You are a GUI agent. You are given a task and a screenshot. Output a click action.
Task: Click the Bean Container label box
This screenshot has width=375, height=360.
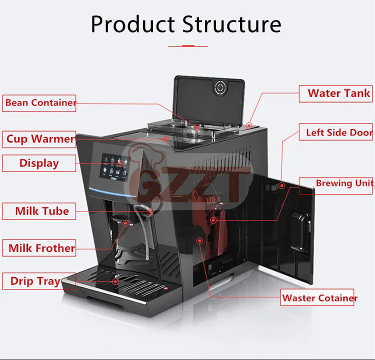point(39,103)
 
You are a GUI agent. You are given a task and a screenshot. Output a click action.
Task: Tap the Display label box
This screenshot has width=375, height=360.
point(39,163)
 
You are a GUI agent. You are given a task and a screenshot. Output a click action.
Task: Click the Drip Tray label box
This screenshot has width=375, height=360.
point(35,281)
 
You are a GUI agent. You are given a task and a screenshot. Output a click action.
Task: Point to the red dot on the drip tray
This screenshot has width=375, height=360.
point(116,281)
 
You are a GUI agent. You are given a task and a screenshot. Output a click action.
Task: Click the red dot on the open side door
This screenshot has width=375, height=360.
point(282,186)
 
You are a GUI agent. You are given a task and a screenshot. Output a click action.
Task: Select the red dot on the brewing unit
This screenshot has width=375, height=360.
point(213,220)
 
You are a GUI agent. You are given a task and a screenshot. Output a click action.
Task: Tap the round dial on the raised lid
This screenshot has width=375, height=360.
point(220,88)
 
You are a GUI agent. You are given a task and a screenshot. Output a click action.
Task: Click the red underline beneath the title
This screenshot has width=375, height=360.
point(187,46)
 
